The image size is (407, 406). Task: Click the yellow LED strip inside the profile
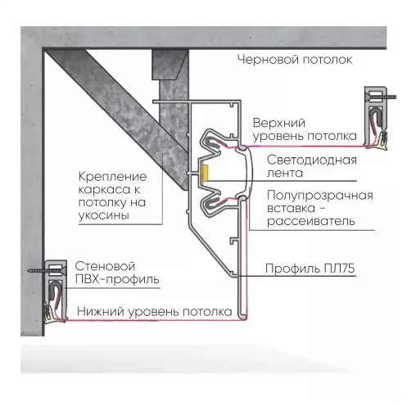click(x=205, y=173)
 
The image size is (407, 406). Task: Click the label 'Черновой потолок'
click(x=295, y=60)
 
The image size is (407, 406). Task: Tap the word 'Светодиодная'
click(x=312, y=160)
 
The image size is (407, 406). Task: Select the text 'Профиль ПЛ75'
click(x=310, y=268)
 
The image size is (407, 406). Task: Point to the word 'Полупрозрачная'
click(x=320, y=196)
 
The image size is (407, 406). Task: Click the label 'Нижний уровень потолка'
click(x=155, y=311)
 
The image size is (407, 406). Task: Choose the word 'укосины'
click(x=104, y=215)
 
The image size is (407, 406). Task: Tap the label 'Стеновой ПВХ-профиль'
click(x=117, y=273)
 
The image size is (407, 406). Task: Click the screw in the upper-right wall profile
click(x=381, y=96)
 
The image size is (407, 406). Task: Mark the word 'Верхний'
click(x=279, y=123)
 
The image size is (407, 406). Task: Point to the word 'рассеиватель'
click(x=311, y=221)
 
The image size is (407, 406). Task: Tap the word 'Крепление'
click(x=112, y=177)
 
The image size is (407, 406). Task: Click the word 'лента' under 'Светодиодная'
click(x=285, y=173)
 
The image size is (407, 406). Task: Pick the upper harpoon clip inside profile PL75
click(x=215, y=142)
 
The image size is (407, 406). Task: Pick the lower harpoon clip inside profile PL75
click(x=215, y=204)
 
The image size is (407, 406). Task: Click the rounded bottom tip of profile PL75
click(x=242, y=317)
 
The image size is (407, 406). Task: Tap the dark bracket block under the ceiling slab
click(x=170, y=65)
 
